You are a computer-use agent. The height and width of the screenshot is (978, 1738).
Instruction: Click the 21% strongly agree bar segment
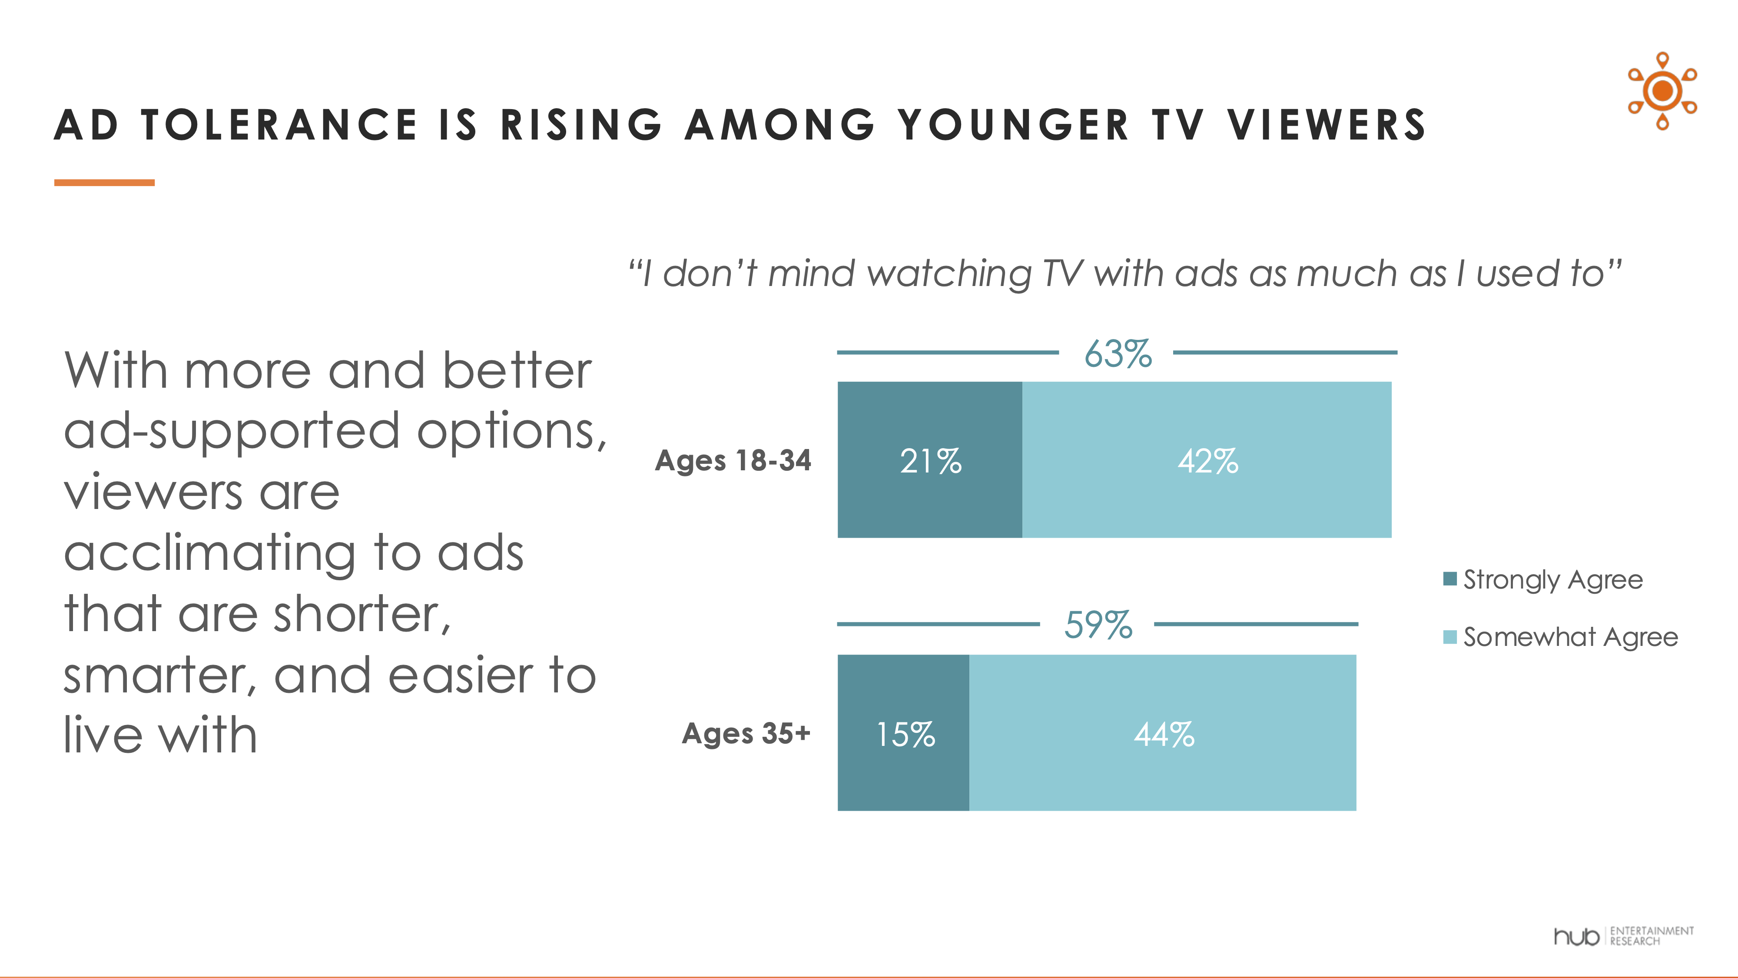click(930, 459)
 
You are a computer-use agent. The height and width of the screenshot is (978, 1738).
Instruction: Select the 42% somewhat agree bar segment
click(1206, 459)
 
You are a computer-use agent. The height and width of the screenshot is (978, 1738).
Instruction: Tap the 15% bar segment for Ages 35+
click(903, 732)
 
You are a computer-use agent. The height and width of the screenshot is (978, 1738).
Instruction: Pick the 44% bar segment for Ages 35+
click(1162, 732)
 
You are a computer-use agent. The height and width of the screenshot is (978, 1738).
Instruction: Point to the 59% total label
click(1098, 625)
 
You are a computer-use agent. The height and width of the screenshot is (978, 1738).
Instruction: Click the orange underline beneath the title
click(105, 182)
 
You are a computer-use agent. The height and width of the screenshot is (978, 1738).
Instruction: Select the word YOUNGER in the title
click(1013, 126)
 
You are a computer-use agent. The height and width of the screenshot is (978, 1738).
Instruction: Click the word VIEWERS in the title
click(1326, 126)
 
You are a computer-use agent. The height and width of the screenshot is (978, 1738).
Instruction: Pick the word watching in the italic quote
click(949, 274)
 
